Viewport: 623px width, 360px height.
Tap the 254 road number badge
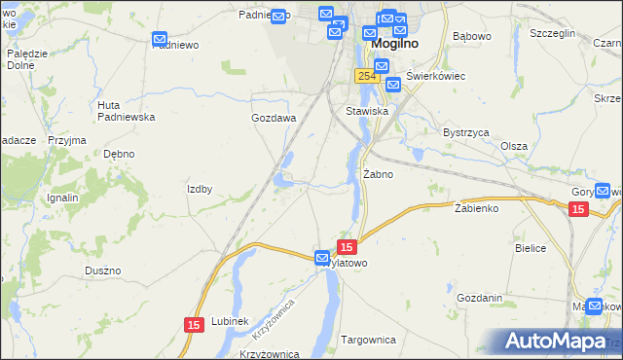click(366, 76)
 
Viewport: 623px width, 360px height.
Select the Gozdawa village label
click(274, 118)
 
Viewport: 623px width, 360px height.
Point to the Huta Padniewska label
click(127, 111)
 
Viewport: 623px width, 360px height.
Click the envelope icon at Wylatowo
click(322, 258)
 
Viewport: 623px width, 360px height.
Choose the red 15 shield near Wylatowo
click(348, 247)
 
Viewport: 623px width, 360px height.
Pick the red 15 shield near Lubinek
click(194, 323)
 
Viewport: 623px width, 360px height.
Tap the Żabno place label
click(378, 175)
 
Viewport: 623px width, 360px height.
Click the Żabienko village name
click(476, 208)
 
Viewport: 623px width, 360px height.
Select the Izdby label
click(200, 189)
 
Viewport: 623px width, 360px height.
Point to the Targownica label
click(368, 340)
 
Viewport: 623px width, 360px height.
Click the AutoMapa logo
click(557, 342)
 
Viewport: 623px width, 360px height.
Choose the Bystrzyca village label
click(465, 132)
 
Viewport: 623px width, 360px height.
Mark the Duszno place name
click(102, 270)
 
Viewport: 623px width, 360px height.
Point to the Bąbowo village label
click(472, 37)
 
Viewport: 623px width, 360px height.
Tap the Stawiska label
click(367, 111)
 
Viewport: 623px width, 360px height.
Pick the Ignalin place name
click(62, 198)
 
